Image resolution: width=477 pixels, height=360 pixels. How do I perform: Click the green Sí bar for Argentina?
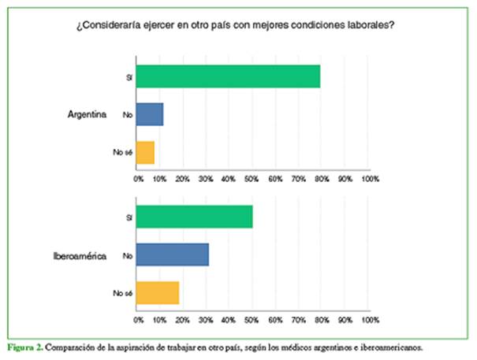point(229,77)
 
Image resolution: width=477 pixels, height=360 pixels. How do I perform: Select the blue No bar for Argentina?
point(150,115)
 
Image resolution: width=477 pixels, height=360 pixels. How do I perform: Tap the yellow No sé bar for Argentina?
point(146,152)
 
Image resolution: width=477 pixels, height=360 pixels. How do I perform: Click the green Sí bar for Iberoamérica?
point(195,217)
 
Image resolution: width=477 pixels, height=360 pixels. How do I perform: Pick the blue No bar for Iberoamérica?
point(173,254)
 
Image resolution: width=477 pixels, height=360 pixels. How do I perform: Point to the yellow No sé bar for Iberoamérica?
point(158,292)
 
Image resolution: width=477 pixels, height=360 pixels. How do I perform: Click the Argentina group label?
point(87,115)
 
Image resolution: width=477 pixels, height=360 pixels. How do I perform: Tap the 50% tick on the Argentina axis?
point(252,180)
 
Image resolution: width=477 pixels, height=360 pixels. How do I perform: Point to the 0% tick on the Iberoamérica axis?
point(139,321)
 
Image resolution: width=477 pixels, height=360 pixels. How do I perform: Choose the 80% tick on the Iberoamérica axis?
point(322,321)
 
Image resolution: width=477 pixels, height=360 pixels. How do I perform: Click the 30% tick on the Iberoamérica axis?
point(207,321)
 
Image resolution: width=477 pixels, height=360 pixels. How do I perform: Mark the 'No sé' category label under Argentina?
point(122,153)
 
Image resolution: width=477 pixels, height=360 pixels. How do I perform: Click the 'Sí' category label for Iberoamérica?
point(128,217)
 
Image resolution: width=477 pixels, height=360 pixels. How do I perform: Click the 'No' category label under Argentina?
point(126,115)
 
